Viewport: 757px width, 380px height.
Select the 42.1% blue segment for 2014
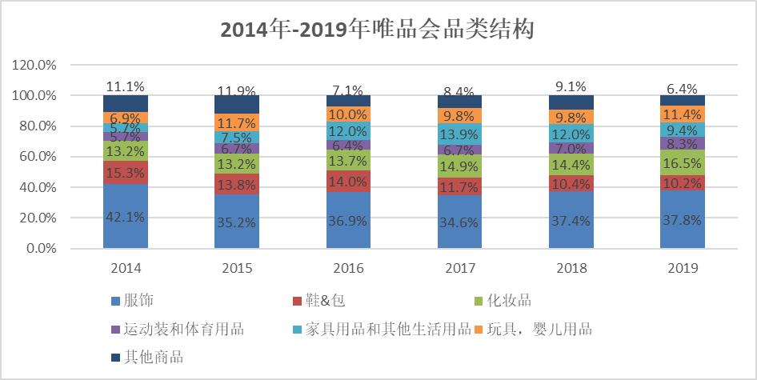[x=126, y=217]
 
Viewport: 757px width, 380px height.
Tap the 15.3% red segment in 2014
[x=126, y=171]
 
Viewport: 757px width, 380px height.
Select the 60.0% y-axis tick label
[x=37, y=157]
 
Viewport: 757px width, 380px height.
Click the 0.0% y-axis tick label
[x=41, y=249]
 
